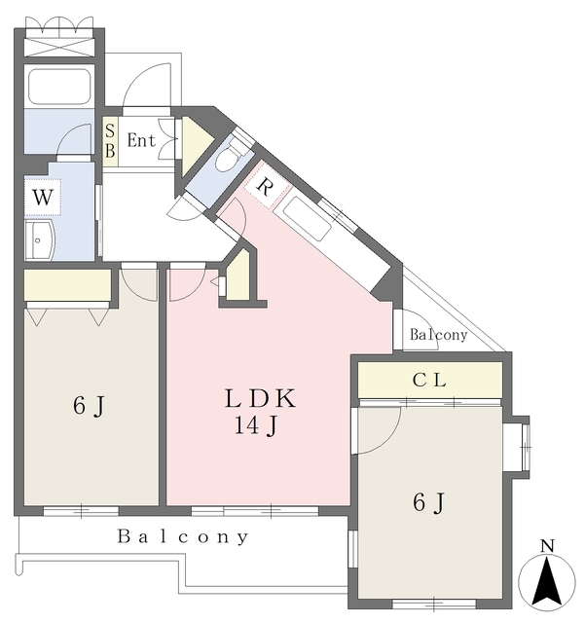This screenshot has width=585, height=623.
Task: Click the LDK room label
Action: point(260,398)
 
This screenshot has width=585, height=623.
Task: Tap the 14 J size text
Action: point(256,426)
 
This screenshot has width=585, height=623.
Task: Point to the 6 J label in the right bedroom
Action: point(428,503)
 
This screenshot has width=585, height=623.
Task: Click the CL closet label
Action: point(429,381)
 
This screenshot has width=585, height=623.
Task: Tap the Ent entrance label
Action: point(141,140)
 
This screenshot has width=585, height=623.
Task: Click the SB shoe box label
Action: point(110,140)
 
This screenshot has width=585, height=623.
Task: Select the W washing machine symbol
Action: point(43,197)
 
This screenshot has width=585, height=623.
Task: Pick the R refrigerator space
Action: point(264,186)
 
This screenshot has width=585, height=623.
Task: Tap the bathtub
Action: point(58,87)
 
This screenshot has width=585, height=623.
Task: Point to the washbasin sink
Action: point(39,240)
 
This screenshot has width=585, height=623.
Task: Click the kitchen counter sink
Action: point(308,218)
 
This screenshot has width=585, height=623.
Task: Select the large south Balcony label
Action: point(183,536)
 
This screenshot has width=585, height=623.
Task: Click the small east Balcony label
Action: point(438,335)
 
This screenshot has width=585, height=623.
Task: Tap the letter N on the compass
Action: point(547,546)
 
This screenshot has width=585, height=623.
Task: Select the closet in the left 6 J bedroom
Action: point(67,285)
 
